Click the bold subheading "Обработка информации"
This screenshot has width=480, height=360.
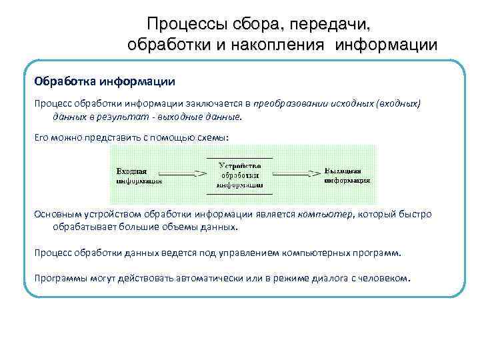[105, 82]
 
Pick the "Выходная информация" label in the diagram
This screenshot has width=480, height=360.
[347, 175]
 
